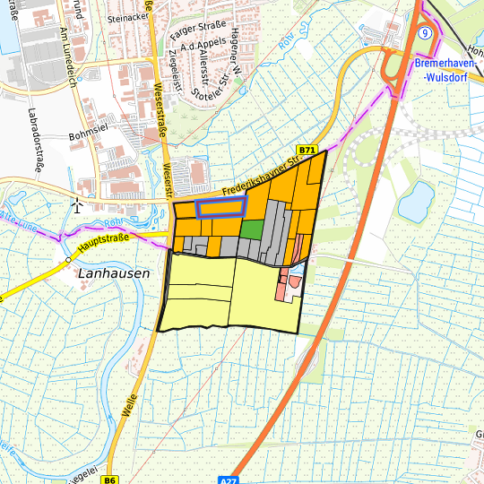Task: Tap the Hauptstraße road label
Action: tap(104, 242)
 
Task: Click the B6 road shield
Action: tap(109, 480)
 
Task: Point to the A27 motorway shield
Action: tap(231, 480)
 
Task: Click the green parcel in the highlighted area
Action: tap(252, 229)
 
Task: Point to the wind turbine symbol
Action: tap(78, 205)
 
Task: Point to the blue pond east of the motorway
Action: tap(416, 202)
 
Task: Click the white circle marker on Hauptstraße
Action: tap(68, 261)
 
